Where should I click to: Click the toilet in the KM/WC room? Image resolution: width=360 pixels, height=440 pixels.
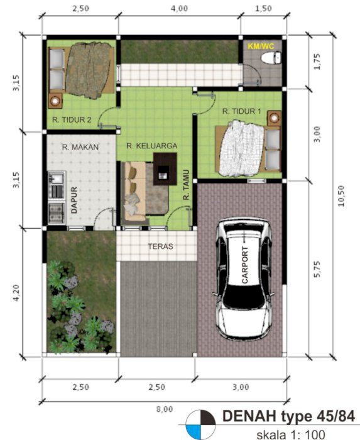click(271, 58)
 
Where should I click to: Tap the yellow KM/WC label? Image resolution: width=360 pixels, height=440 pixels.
click(261, 46)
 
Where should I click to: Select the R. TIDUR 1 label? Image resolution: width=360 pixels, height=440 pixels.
click(242, 111)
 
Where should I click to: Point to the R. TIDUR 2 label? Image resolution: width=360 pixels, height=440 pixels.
click(72, 120)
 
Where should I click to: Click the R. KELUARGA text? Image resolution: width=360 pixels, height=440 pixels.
click(151, 146)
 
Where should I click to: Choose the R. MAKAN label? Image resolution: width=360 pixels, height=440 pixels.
click(80, 147)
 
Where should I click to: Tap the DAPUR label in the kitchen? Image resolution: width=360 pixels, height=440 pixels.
click(74, 200)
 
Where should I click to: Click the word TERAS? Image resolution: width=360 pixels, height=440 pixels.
click(160, 246)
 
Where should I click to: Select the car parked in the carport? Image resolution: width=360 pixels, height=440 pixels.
click(244, 279)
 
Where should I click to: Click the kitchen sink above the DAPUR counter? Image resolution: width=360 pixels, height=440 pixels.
click(57, 178)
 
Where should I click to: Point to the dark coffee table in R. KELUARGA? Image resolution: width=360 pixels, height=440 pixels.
click(165, 168)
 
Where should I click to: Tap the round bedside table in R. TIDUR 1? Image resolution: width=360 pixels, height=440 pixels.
click(274, 118)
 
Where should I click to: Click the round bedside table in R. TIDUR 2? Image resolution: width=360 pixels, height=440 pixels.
click(55, 101)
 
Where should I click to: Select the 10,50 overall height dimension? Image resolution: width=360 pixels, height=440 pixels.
click(341, 196)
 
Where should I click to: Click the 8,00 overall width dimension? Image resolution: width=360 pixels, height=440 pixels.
click(165, 409)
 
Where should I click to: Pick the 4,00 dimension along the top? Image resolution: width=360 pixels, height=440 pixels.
click(179, 8)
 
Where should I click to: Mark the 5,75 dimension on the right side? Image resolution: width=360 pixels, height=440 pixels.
click(317, 269)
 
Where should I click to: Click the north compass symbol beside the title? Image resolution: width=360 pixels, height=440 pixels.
click(200, 425)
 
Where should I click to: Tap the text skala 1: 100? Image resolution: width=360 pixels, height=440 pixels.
click(291, 435)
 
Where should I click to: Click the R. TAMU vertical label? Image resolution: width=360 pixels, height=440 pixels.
click(187, 185)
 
